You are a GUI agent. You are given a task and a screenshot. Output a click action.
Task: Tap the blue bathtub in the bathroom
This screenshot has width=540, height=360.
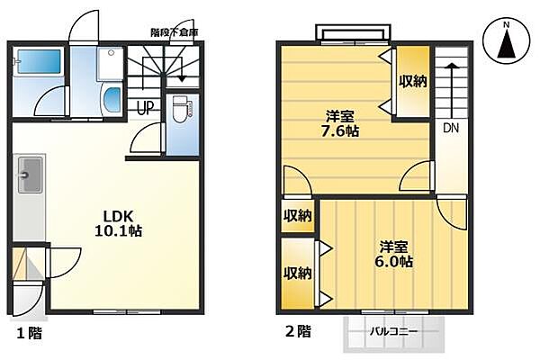pos(38,62)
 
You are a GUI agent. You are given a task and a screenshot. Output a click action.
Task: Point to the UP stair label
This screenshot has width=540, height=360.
pos(143,108)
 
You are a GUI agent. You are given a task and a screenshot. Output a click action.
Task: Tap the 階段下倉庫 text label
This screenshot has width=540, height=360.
pos(174,32)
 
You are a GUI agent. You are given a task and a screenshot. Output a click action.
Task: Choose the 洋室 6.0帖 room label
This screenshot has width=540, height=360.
pos(394,254)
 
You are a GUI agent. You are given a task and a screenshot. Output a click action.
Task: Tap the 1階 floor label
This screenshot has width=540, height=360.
pos(27,332)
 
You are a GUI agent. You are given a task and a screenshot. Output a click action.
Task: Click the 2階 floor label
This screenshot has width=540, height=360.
pos(298,331)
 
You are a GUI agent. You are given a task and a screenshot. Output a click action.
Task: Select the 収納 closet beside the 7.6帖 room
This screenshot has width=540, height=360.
pos(413,82)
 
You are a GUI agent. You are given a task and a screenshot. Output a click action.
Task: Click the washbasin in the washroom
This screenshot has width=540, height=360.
pos(111,100)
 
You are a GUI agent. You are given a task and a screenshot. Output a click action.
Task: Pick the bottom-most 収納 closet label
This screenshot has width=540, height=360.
pos(297,273)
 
